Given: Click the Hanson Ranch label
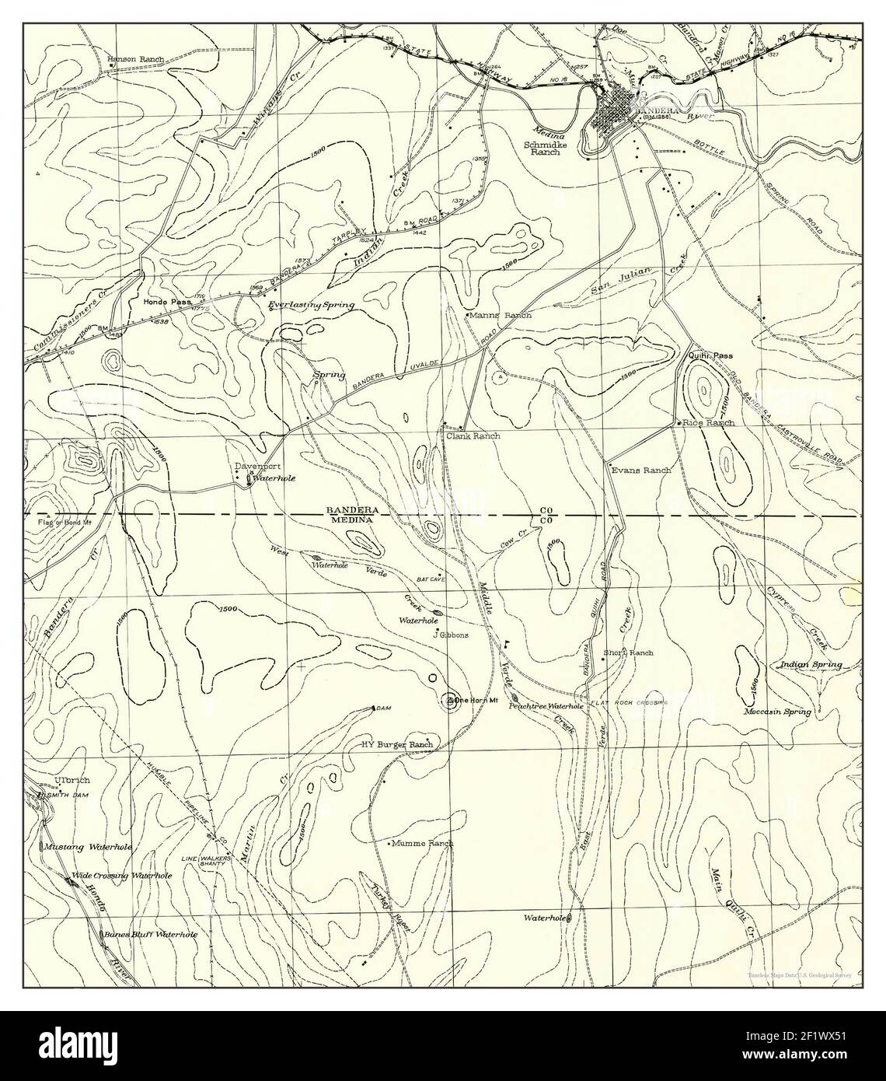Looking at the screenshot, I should (134, 59).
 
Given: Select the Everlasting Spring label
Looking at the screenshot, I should (311, 306).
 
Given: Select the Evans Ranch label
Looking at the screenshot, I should (641, 471).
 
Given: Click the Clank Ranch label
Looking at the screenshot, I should (473, 436).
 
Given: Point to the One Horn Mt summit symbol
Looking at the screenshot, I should (450, 701).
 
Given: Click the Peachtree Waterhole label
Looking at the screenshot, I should (546, 706).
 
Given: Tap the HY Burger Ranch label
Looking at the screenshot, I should (397, 744).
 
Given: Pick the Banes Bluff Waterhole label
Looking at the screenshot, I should (151, 935).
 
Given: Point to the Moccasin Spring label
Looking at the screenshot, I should (777, 712).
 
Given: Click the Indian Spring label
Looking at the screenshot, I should (811, 666).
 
